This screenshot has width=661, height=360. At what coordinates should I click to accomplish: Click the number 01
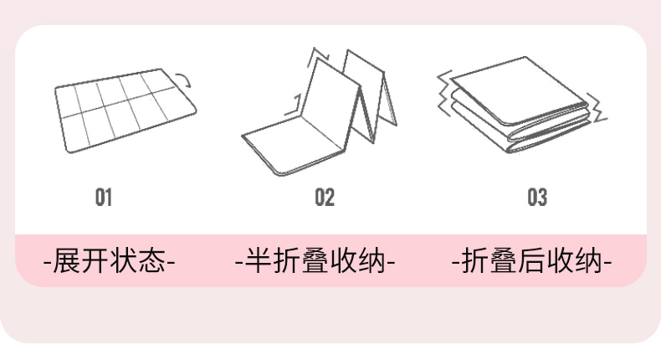[x=103, y=198]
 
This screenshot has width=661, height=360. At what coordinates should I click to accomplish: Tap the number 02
[x=325, y=198]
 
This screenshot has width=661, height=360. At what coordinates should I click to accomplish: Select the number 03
[x=537, y=198]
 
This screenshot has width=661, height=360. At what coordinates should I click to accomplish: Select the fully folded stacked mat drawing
[x=519, y=105]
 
